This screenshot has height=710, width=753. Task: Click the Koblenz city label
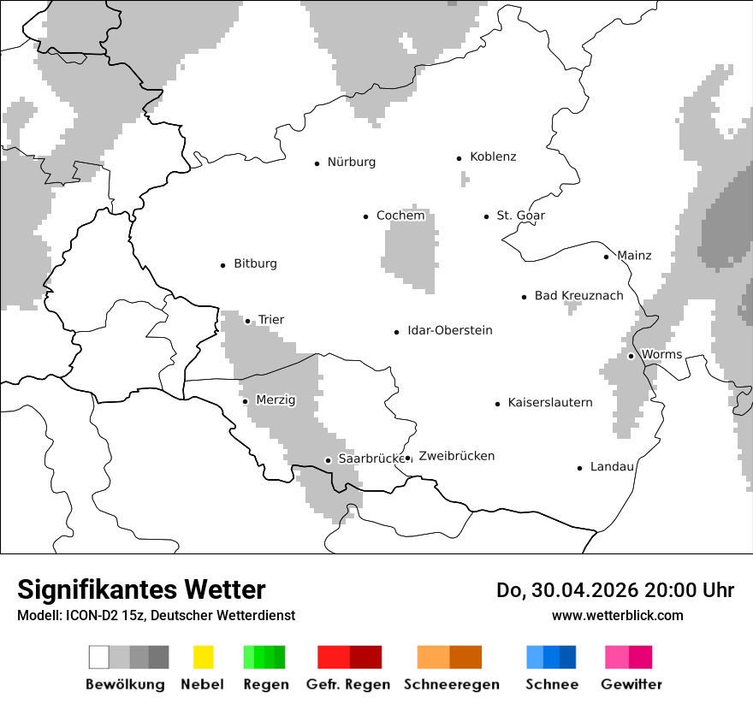point(493,157)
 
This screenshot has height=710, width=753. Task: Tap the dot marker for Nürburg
point(317,163)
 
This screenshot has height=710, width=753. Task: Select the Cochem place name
point(400,216)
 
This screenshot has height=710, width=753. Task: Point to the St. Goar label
point(520,216)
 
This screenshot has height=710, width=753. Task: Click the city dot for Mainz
point(606,257)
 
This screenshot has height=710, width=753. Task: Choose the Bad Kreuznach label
point(578,296)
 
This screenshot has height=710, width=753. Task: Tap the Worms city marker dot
point(631,356)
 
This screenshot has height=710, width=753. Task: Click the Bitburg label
point(255,263)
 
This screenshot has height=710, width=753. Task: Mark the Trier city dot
point(247,321)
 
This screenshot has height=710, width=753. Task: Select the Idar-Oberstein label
point(449,330)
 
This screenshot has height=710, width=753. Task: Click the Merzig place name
point(276,399)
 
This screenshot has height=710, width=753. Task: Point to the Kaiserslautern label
point(549,402)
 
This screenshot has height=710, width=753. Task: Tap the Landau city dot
point(579,468)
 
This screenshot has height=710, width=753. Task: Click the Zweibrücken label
point(456,456)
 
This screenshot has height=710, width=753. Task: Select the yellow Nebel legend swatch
point(203,657)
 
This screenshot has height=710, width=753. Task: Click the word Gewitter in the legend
point(631,684)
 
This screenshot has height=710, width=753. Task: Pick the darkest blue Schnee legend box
point(568,657)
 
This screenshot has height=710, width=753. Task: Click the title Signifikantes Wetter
point(141,590)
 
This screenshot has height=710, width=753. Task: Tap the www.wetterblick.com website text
point(617,616)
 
